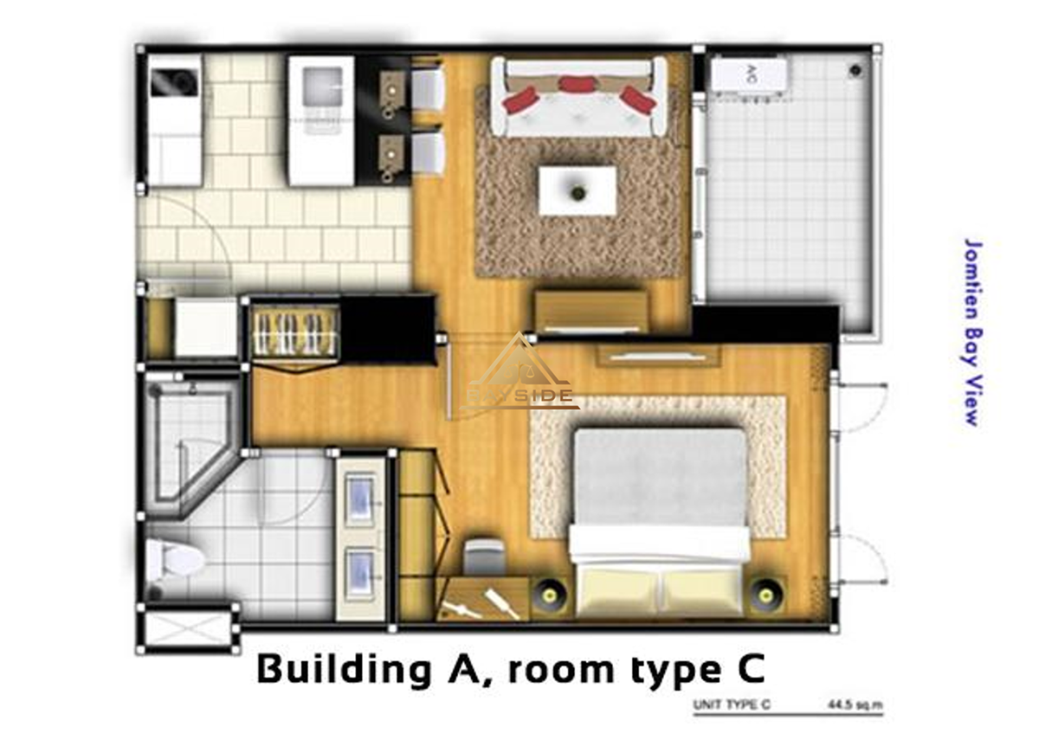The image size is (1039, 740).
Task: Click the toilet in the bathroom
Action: click(x=174, y=560)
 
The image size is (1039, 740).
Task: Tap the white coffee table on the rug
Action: click(x=578, y=190)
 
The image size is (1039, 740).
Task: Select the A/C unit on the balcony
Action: click(x=749, y=75)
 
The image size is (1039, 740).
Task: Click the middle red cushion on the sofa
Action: click(x=577, y=84)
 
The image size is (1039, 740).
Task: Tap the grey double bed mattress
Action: click(x=661, y=479)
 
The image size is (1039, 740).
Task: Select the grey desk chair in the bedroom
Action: click(x=484, y=556)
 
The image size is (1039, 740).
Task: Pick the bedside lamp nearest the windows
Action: click(x=766, y=595)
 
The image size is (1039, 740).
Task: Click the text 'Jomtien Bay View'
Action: click(x=972, y=332)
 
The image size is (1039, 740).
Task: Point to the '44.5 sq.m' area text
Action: click(x=855, y=705)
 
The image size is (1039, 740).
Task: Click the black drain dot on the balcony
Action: click(x=855, y=71)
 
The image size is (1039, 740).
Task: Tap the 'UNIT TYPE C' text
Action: click(x=732, y=705)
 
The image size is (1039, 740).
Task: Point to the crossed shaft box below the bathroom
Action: click(x=188, y=630)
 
